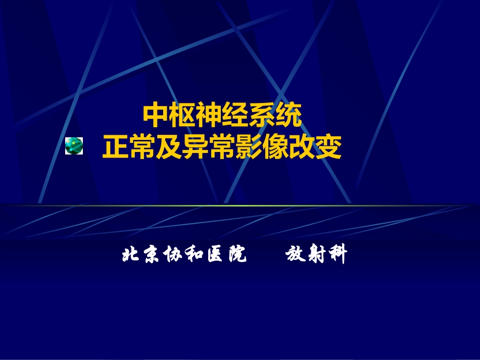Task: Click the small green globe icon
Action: tap(74, 146)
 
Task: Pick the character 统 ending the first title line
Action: tap(289, 116)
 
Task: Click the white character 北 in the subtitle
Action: tap(130, 255)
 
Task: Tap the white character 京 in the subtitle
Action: tap(151, 255)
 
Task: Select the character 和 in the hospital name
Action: tap(194, 255)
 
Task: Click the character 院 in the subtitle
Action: tap(236, 255)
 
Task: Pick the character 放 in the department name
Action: tap(294, 255)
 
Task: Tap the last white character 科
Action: tap(337, 255)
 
